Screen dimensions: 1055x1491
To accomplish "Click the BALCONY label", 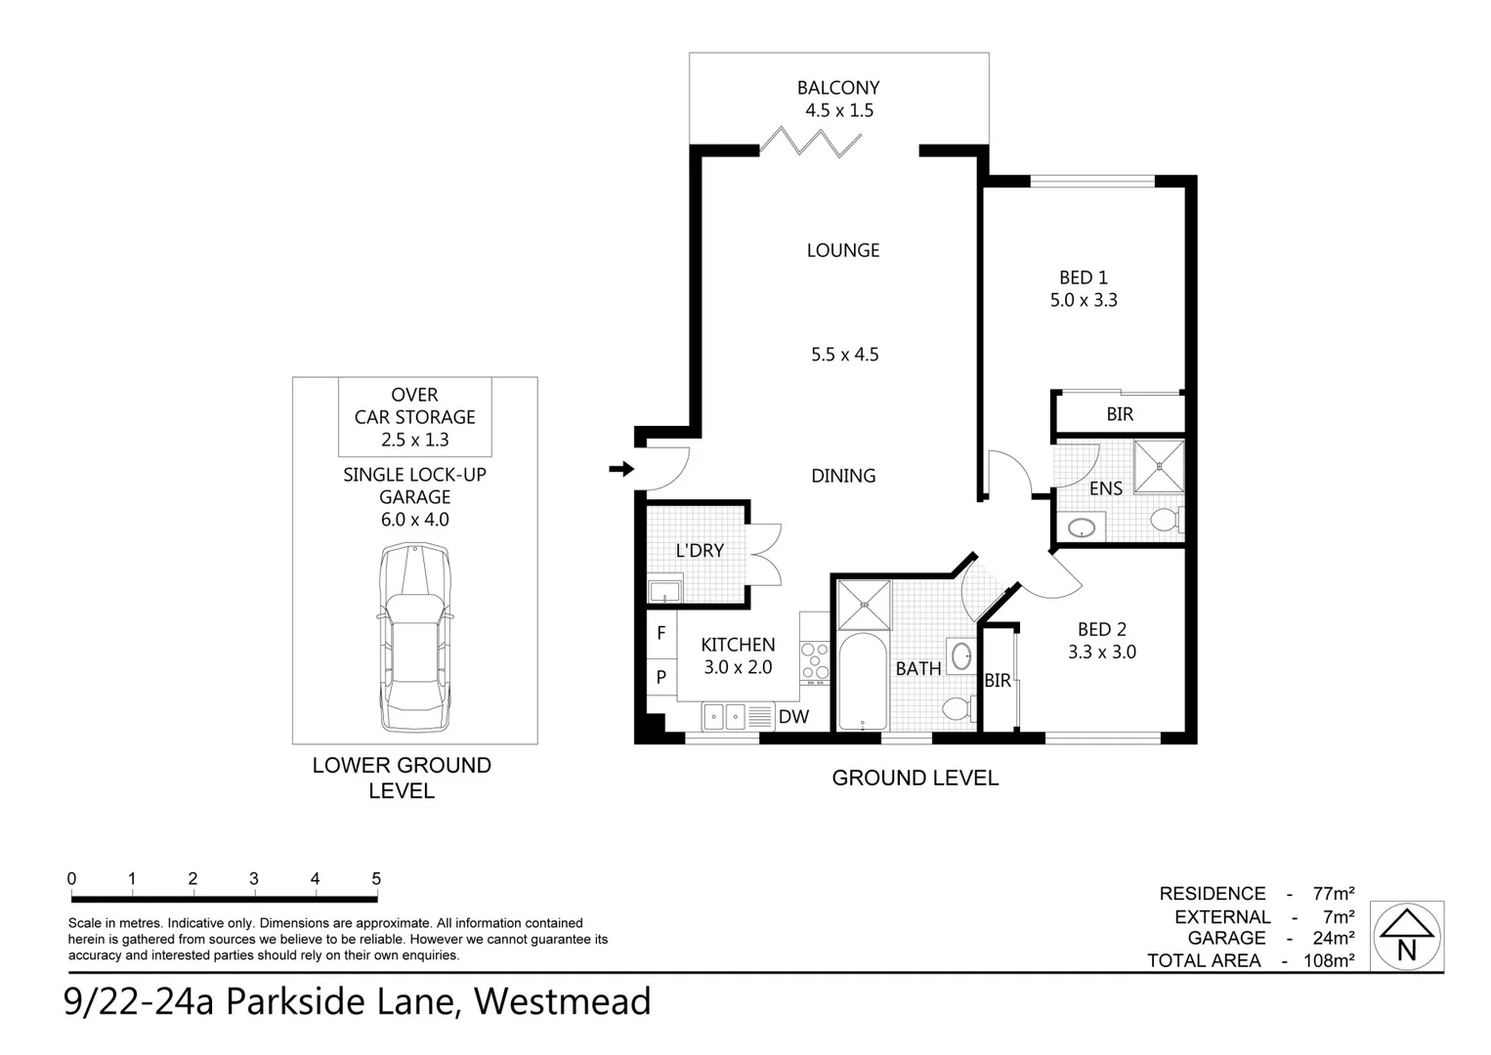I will (837, 88).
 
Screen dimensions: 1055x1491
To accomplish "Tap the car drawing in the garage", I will (415, 639).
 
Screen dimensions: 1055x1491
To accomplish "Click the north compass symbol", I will (1406, 937).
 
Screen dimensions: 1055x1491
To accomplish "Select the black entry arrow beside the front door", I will (620, 470).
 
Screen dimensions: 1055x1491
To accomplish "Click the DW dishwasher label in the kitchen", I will (793, 717).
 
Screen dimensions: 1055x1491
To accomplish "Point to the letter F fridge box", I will (661, 633).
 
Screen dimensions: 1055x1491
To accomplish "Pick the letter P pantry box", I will (661, 676).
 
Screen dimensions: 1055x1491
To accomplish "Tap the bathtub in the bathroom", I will (862, 682).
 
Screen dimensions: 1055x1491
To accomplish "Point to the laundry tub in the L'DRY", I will (665, 591).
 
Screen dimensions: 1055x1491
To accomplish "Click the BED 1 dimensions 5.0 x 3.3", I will (1084, 301).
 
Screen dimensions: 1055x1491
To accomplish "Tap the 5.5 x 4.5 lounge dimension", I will (844, 355).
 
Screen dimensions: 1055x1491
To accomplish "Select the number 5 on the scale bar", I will (376, 879).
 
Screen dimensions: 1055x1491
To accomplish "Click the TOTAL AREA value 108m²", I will (1329, 960).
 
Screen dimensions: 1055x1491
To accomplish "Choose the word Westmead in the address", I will (562, 1002).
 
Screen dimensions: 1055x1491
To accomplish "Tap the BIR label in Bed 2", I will (998, 681).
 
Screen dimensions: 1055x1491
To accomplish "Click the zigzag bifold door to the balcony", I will (811, 143).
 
